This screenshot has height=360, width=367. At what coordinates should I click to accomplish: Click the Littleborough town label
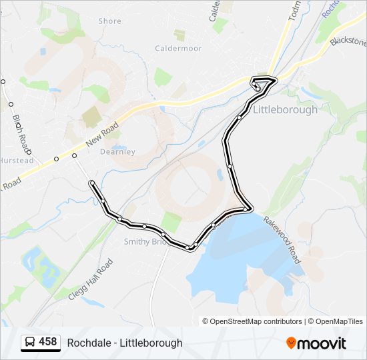(x=285, y=110)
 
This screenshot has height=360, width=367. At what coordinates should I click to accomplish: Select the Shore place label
(x=110, y=21)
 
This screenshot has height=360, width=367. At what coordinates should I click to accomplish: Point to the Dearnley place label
(x=117, y=152)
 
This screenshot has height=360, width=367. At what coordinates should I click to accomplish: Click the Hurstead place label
(x=16, y=161)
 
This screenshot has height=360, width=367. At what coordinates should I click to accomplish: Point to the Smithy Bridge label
(x=144, y=242)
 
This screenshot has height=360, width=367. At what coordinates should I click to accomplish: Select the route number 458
(x=48, y=342)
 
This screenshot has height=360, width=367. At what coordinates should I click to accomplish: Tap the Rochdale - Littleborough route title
(x=124, y=343)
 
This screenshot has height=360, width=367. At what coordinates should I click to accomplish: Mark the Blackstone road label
(x=348, y=42)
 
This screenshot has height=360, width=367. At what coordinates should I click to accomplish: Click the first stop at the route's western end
(x=91, y=183)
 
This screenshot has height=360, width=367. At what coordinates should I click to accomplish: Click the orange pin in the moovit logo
(x=291, y=343)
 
